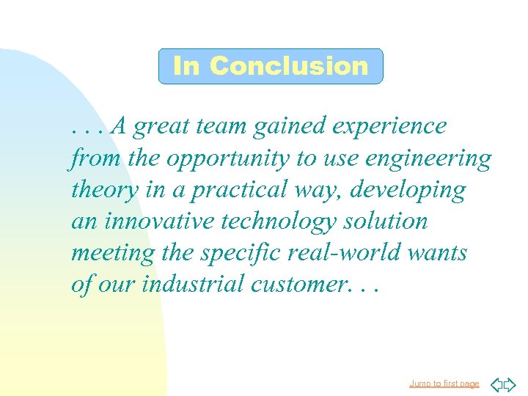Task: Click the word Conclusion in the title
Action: coord(288,66)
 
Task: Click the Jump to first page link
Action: coord(444,384)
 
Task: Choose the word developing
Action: coord(408,191)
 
